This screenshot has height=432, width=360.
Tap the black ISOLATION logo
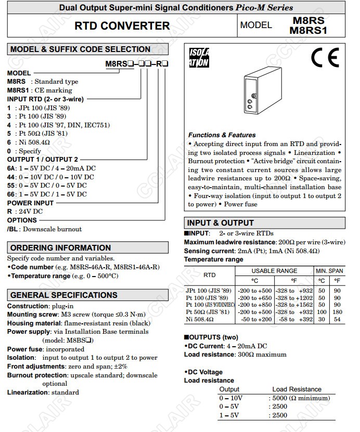[198, 58]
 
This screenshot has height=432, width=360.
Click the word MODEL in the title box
[256, 25]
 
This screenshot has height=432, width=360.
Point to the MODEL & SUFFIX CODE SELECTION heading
[81, 49]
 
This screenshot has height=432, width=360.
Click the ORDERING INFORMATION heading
[60, 247]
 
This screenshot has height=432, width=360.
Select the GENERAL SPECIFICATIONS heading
[64, 295]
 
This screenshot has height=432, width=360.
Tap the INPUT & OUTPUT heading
[221, 223]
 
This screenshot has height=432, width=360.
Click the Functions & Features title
[222, 135]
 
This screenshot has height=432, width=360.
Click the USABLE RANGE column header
[274, 271]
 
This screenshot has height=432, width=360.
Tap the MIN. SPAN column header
[330, 271]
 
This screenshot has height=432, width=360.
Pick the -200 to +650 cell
[254, 297]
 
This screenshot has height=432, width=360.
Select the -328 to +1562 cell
[294, 305]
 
